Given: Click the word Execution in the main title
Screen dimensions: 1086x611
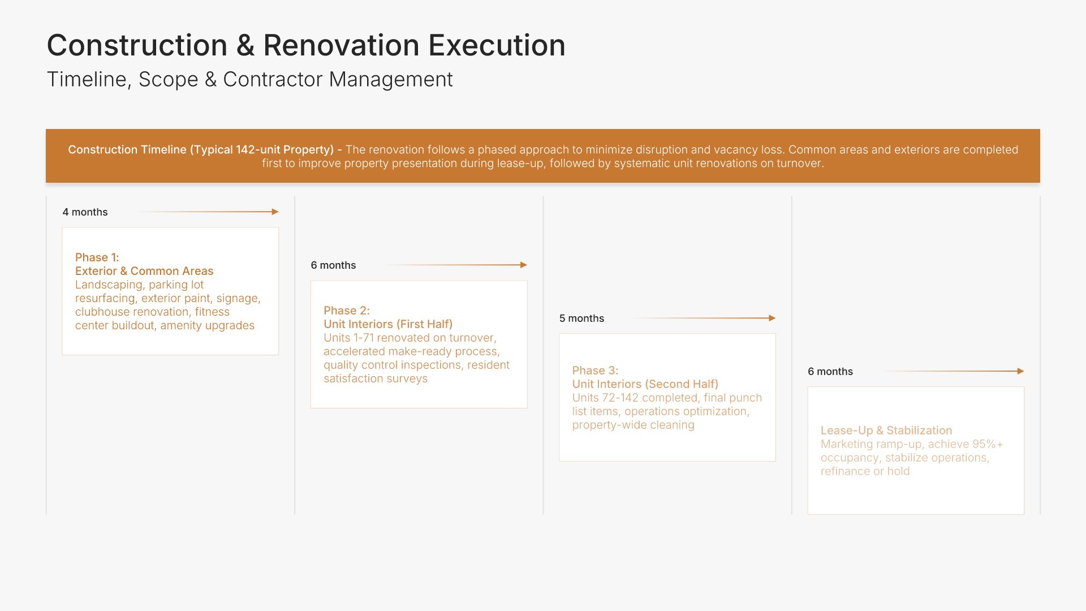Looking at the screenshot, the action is (497, 45).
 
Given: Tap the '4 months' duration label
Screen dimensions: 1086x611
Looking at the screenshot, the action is (85, 212).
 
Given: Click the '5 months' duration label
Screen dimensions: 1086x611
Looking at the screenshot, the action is (581, 319).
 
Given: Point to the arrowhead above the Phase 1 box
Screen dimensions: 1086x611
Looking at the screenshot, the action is (275, 212).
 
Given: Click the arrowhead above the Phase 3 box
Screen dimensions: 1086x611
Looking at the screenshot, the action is (772, 318).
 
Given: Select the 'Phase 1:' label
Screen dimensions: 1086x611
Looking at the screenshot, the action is (97, 257).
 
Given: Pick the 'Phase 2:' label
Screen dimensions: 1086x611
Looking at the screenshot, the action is (347, 311).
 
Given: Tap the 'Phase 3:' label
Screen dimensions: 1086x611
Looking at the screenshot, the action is (595, 371).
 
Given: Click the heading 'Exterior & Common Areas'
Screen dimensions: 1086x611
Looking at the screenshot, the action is (144, 271).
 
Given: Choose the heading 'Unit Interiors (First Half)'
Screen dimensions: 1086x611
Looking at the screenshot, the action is (388, 324).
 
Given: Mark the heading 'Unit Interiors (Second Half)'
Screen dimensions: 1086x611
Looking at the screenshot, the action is (645, 384).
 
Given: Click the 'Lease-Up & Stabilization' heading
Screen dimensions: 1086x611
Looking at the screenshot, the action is (886, 431).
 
